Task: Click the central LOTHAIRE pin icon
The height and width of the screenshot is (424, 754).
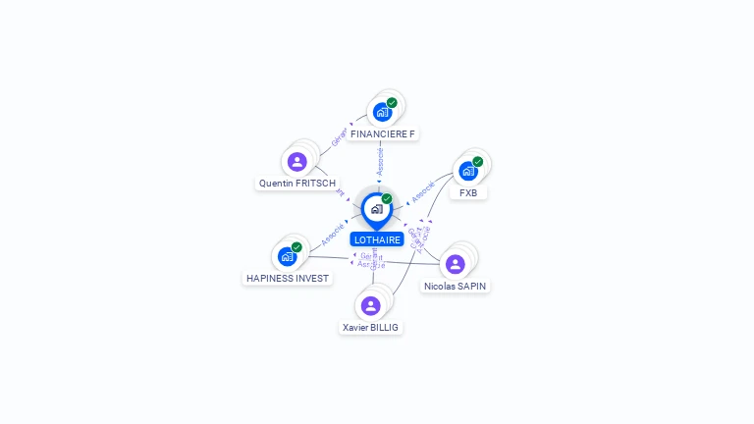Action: coord(376,209)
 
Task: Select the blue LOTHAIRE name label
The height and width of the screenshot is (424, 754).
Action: coord(377,239)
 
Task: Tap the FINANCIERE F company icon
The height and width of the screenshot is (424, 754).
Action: coord(383,112)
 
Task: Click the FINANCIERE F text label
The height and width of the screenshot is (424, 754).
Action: coord(383,133)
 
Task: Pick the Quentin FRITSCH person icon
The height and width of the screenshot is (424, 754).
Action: coord(296,162)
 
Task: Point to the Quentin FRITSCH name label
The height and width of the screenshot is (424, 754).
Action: coord(297,184)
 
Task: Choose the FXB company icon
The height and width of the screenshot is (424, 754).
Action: coord(468,171)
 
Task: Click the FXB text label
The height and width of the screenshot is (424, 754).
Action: coord(468,193)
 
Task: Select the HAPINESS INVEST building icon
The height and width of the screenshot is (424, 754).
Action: coord(287,256)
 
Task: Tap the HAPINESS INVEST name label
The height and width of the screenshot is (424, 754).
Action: coord(288,278)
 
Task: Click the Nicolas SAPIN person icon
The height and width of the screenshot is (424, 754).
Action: coord(455,264)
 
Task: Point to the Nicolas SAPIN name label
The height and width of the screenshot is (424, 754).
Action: coord(455,287)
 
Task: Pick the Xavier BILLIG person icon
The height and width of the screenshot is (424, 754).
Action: coord(371,305)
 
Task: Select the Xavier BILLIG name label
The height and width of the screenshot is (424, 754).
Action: coord(371,327)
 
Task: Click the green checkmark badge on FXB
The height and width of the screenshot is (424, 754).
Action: coord(478,161)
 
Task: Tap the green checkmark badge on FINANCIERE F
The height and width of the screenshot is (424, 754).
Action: coord(392,103)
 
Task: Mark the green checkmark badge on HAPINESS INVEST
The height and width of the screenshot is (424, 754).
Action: coord(296,247)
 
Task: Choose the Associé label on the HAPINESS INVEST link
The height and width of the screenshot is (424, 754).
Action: coord(332,234)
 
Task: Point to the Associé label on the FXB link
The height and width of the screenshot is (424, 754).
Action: coord(423,190)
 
